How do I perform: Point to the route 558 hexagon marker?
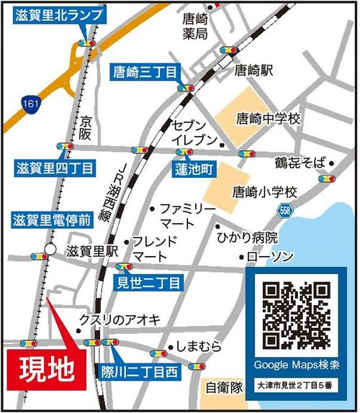point(286,209)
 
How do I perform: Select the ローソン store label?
point(270,256)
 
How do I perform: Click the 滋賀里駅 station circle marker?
point(49,250)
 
